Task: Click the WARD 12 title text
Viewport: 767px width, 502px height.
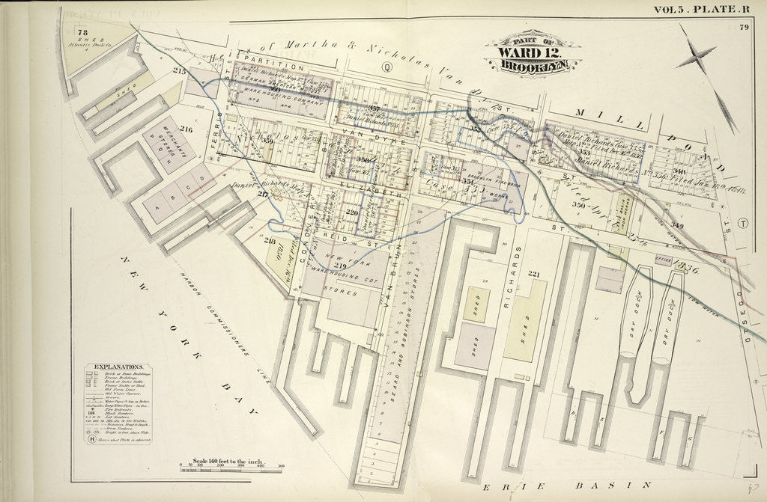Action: [x=528, y=53]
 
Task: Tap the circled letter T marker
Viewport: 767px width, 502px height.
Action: [x=742, y=224]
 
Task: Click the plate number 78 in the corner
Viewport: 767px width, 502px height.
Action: [x=82, y=32]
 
